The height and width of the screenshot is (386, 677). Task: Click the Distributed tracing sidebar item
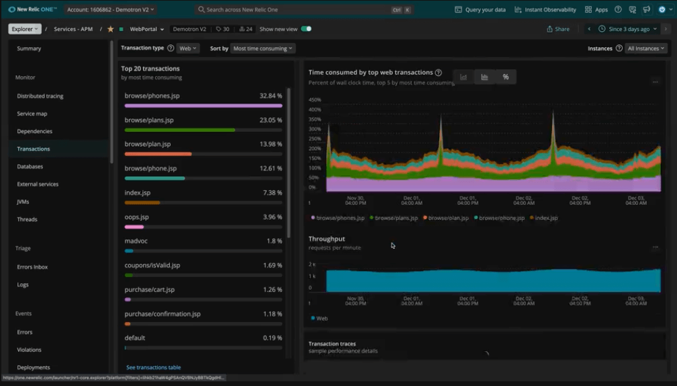(x=40, y=96)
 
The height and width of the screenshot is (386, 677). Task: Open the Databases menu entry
(x=30, y=167)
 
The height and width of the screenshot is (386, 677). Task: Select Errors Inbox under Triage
(x=32, y=267)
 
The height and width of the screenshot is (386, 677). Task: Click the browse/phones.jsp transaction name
(x=152, y=96)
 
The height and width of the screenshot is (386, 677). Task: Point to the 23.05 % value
(x=271, y=120)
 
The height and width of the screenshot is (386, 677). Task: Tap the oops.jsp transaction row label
(x=137, y=217)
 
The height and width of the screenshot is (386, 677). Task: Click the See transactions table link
(x=154, y=367)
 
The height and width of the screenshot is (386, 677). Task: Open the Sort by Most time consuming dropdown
(x=263, y=48)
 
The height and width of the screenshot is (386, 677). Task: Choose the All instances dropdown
(x=646, y=48)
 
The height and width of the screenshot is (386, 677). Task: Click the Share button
(x=558, y=29)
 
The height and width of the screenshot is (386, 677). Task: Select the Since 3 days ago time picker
(x=629, y=29)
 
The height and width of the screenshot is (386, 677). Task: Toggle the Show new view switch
(x=306, y=29)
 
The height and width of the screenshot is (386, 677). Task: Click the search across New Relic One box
(x=296, y=10)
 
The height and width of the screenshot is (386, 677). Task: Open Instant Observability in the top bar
(x=545, y=10)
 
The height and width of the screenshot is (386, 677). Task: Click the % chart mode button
(x=506, y=77)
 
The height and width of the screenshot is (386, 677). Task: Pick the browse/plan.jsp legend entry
(x=446, y=218)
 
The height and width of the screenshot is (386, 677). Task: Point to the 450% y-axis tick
(x=315, y=100)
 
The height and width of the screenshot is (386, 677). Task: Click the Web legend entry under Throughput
(x=320, y=318)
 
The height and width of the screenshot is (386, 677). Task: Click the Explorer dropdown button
(x=25, y=29)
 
